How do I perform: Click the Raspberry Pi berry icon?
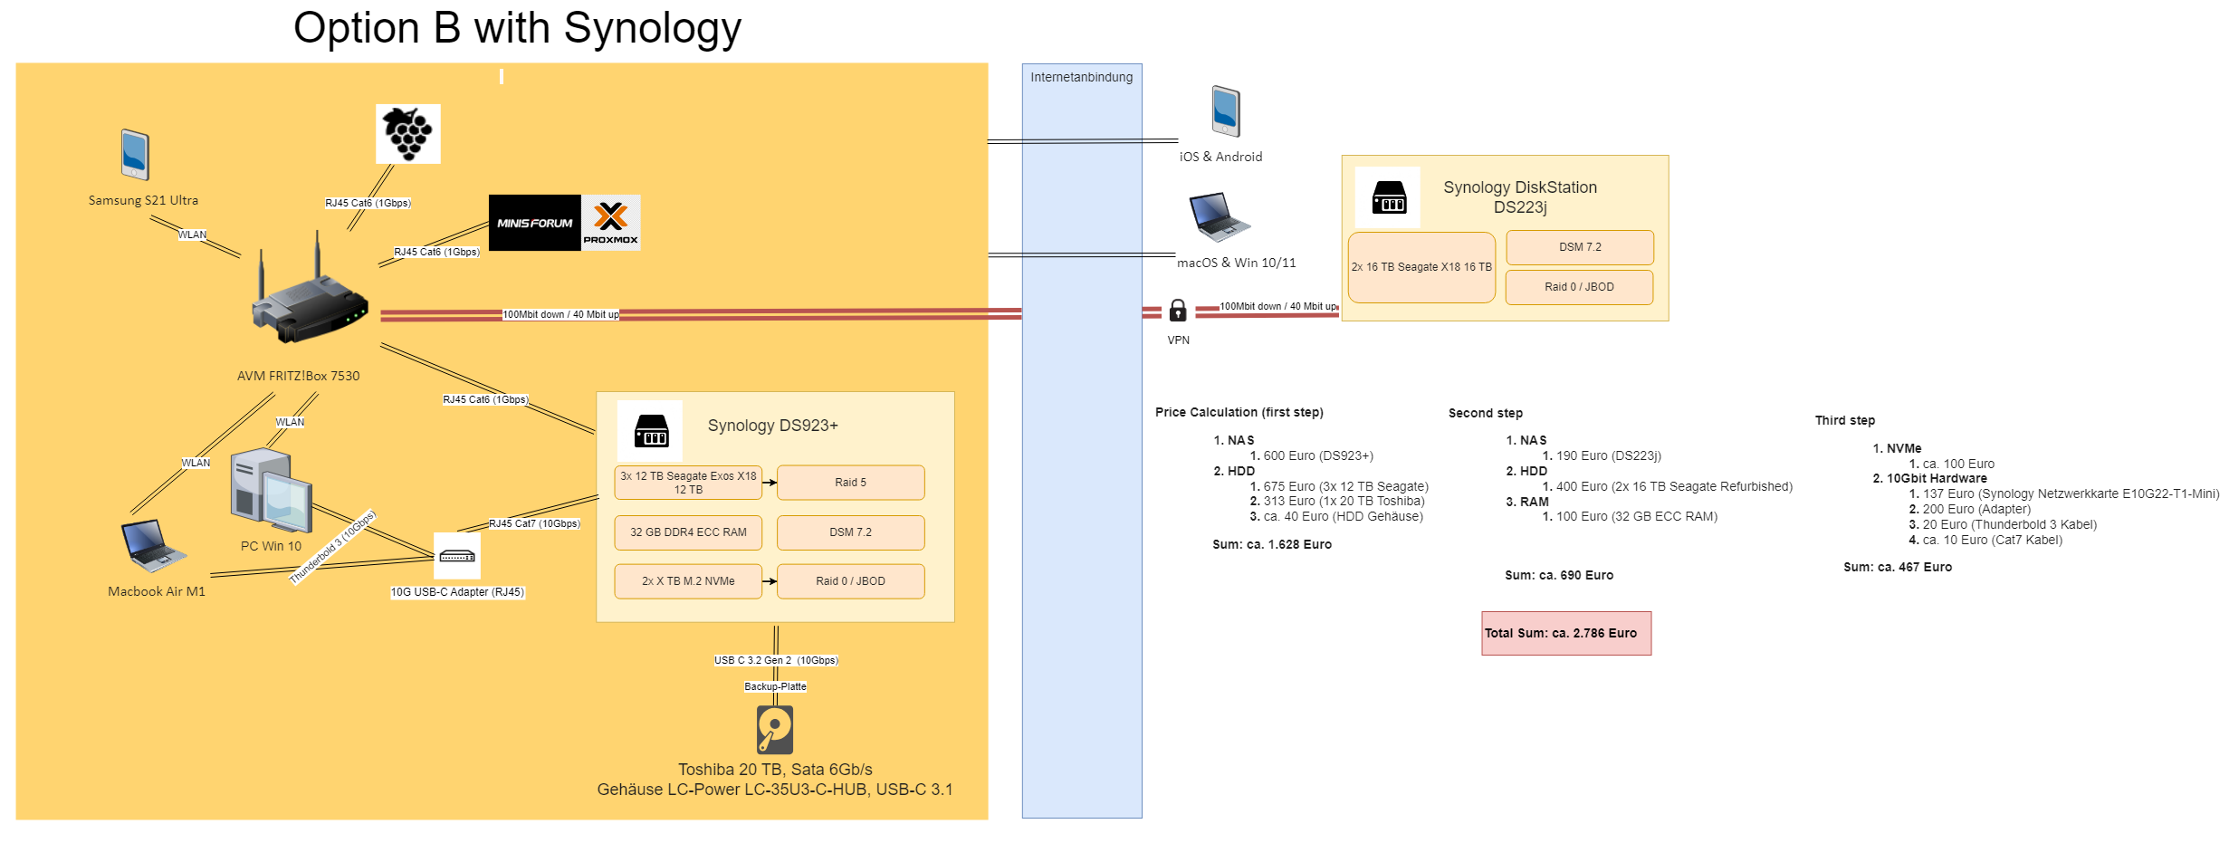tap(408, 134)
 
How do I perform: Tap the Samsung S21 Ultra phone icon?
tap(135, 155)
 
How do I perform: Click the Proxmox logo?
tap(611, 223)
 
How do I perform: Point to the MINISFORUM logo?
tap(534, 223)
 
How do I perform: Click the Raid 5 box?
tap(850, 483)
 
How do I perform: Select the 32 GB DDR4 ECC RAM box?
tap(688, 532)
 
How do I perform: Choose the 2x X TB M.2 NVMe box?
tap(688, 581)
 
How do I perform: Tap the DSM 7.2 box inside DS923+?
tap(850, 532)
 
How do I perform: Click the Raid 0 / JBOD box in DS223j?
tap(1579, 287)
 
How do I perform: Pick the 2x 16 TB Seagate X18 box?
tap(1421, 267)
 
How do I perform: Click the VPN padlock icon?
tap(1178, 311)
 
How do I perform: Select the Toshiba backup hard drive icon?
tap(775, 730)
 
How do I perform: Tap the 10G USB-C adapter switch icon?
tap(457, 556)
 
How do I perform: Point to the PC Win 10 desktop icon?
tap(271, 491)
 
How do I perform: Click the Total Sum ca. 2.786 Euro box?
tap(1566, 633)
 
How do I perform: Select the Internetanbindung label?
tap(1082, 78)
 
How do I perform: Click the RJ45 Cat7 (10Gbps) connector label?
tap(534, 523)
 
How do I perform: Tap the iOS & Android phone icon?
tap(1226, 111)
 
